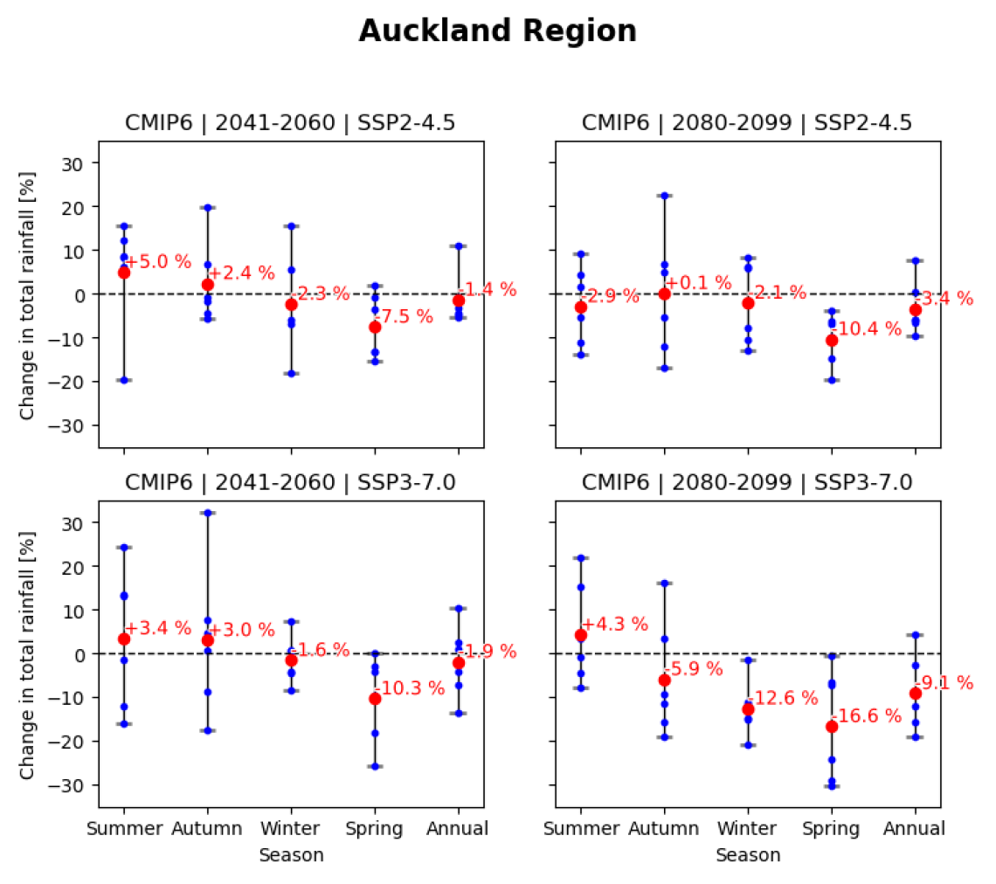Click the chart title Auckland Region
(497, 31)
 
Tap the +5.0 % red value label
(157, 262)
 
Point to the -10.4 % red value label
(865, 329)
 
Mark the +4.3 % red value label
(615, 625)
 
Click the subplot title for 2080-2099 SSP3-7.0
(747, 482)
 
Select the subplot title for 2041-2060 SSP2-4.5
(291, 123)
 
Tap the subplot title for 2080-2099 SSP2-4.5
(747, 123)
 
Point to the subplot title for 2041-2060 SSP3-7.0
(291, 482)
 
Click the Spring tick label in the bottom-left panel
(375, 828)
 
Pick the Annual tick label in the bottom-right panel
(915, 828)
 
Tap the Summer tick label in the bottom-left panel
(124, 828)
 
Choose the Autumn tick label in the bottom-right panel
(664, 828)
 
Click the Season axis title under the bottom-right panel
(748, 855)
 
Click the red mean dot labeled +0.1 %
(664, 294)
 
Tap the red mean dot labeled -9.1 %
(915, 693)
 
